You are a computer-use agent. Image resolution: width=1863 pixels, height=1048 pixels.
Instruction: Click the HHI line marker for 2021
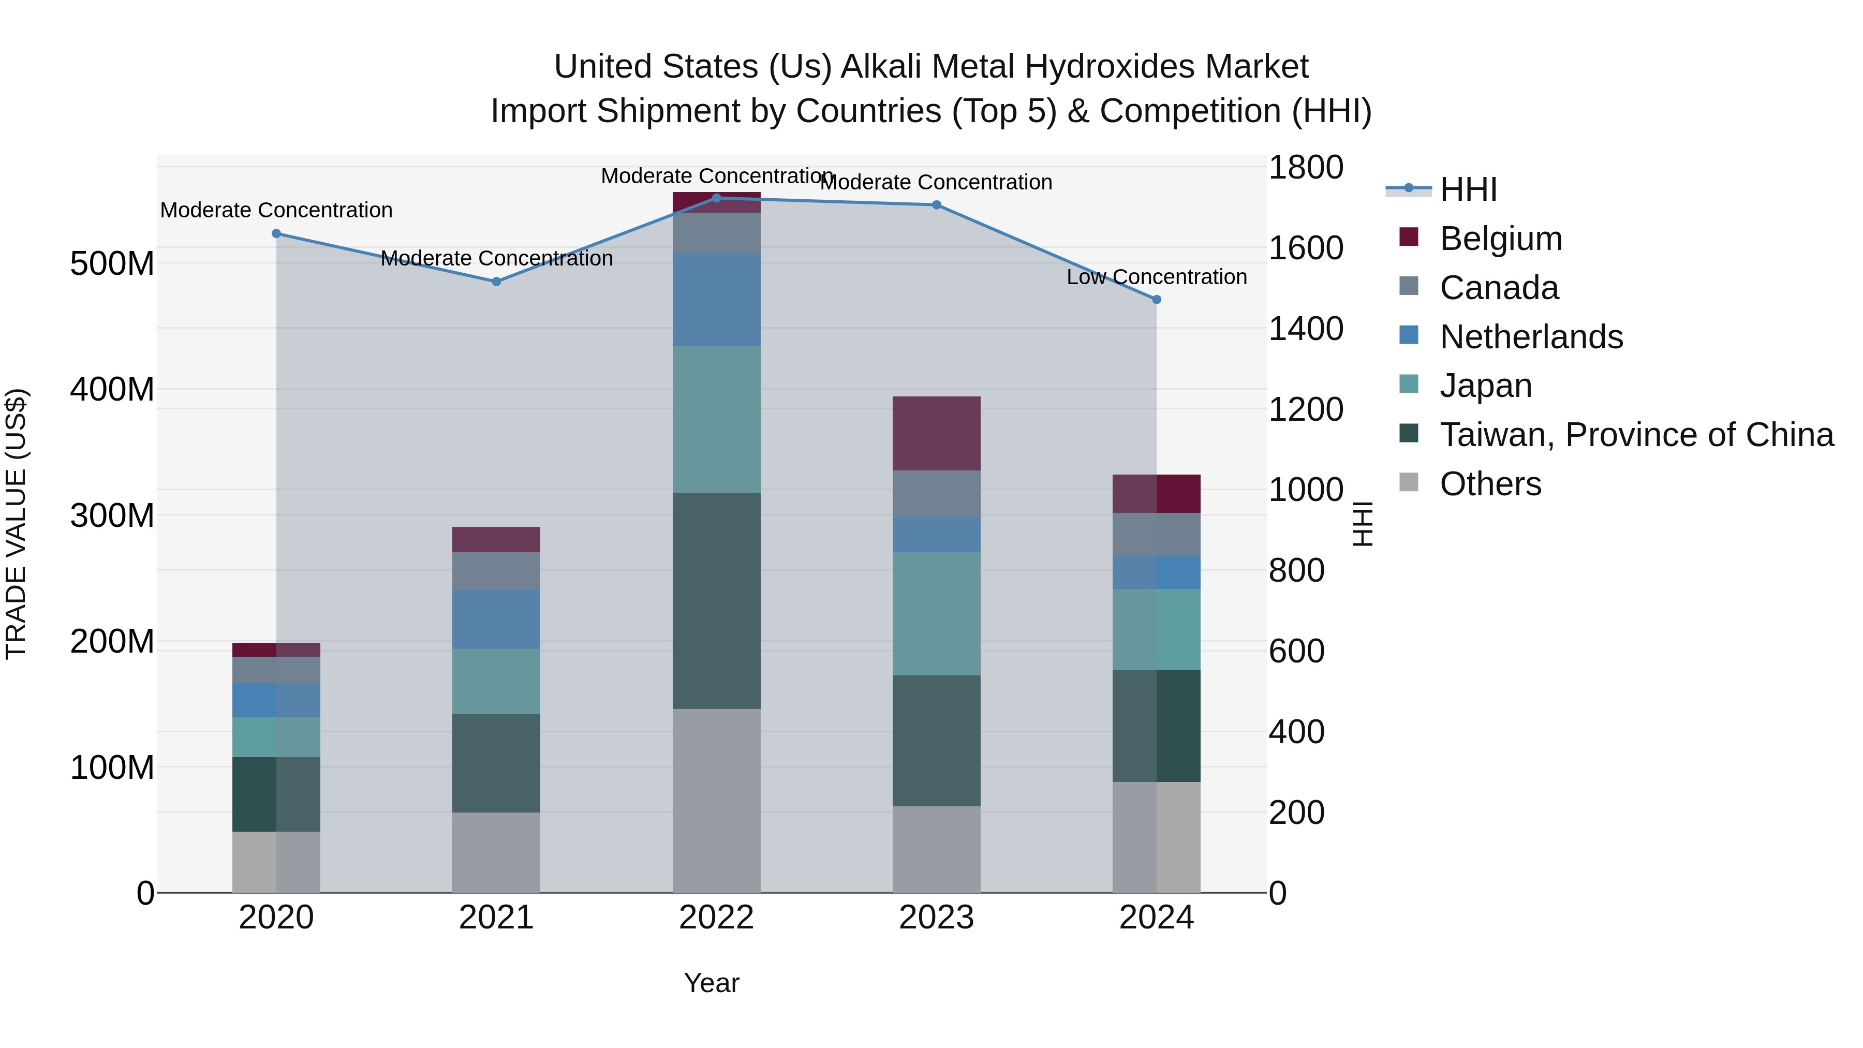pyautogui.click(x=496, y=282)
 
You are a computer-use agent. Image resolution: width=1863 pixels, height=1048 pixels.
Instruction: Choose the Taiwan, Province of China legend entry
pyautogui.click(x=1636, y=435)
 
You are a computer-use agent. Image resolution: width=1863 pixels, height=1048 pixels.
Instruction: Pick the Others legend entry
pyautogui.click(x=1490, y=484)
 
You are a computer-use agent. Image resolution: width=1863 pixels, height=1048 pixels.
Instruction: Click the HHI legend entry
pyautogui.click(x=1468, y=189)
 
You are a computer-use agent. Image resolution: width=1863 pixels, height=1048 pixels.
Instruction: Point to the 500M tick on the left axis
pyautogui.click(x=112, y=263)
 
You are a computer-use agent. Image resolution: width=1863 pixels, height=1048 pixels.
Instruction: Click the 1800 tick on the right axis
pyautogui.click(x=1306, y=167)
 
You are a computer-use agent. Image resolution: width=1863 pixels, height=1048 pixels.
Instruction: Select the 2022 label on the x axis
pyautogui.click(x=716, y=918)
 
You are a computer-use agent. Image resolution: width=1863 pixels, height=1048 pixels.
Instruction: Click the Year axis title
pyautogui.click(x=711, y=983)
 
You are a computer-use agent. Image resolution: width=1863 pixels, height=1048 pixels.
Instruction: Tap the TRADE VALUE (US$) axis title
pyautogui.click(x=16, y=524)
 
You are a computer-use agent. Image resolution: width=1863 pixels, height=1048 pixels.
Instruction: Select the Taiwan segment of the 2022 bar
pyautogui.click(x=716, y=600)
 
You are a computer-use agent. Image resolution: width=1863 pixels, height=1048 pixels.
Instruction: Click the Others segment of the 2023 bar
pyautogui.click(x=936, y=849)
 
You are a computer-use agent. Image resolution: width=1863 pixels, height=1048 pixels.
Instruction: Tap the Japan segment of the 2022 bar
pyautogui.click(x=716, y=420)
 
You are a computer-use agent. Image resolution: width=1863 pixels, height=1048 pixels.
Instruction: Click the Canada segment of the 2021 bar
pyautogui.click(x=496, y=571)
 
